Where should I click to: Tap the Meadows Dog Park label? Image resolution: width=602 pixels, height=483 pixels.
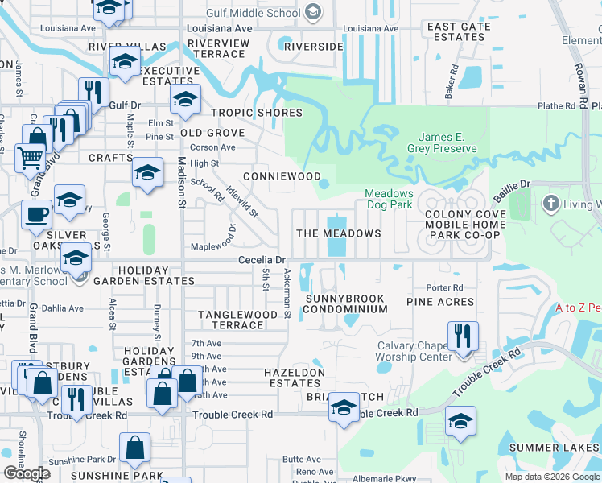coord(389,200)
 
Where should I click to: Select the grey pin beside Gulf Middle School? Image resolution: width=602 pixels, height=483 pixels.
coord(313,11)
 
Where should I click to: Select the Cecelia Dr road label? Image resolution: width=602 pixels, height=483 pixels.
coord(262,260)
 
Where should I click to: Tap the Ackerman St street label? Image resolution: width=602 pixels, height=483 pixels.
coord(287,295)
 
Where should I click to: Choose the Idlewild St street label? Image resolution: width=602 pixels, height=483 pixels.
coord(241,201)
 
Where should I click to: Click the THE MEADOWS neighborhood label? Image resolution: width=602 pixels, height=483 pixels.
coord(339,233)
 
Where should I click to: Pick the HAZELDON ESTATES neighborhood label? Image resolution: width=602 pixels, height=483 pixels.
coord(295,378)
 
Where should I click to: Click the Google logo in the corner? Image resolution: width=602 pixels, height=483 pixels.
coord(26,473)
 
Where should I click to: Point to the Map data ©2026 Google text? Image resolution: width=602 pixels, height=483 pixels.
coord(552,477)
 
